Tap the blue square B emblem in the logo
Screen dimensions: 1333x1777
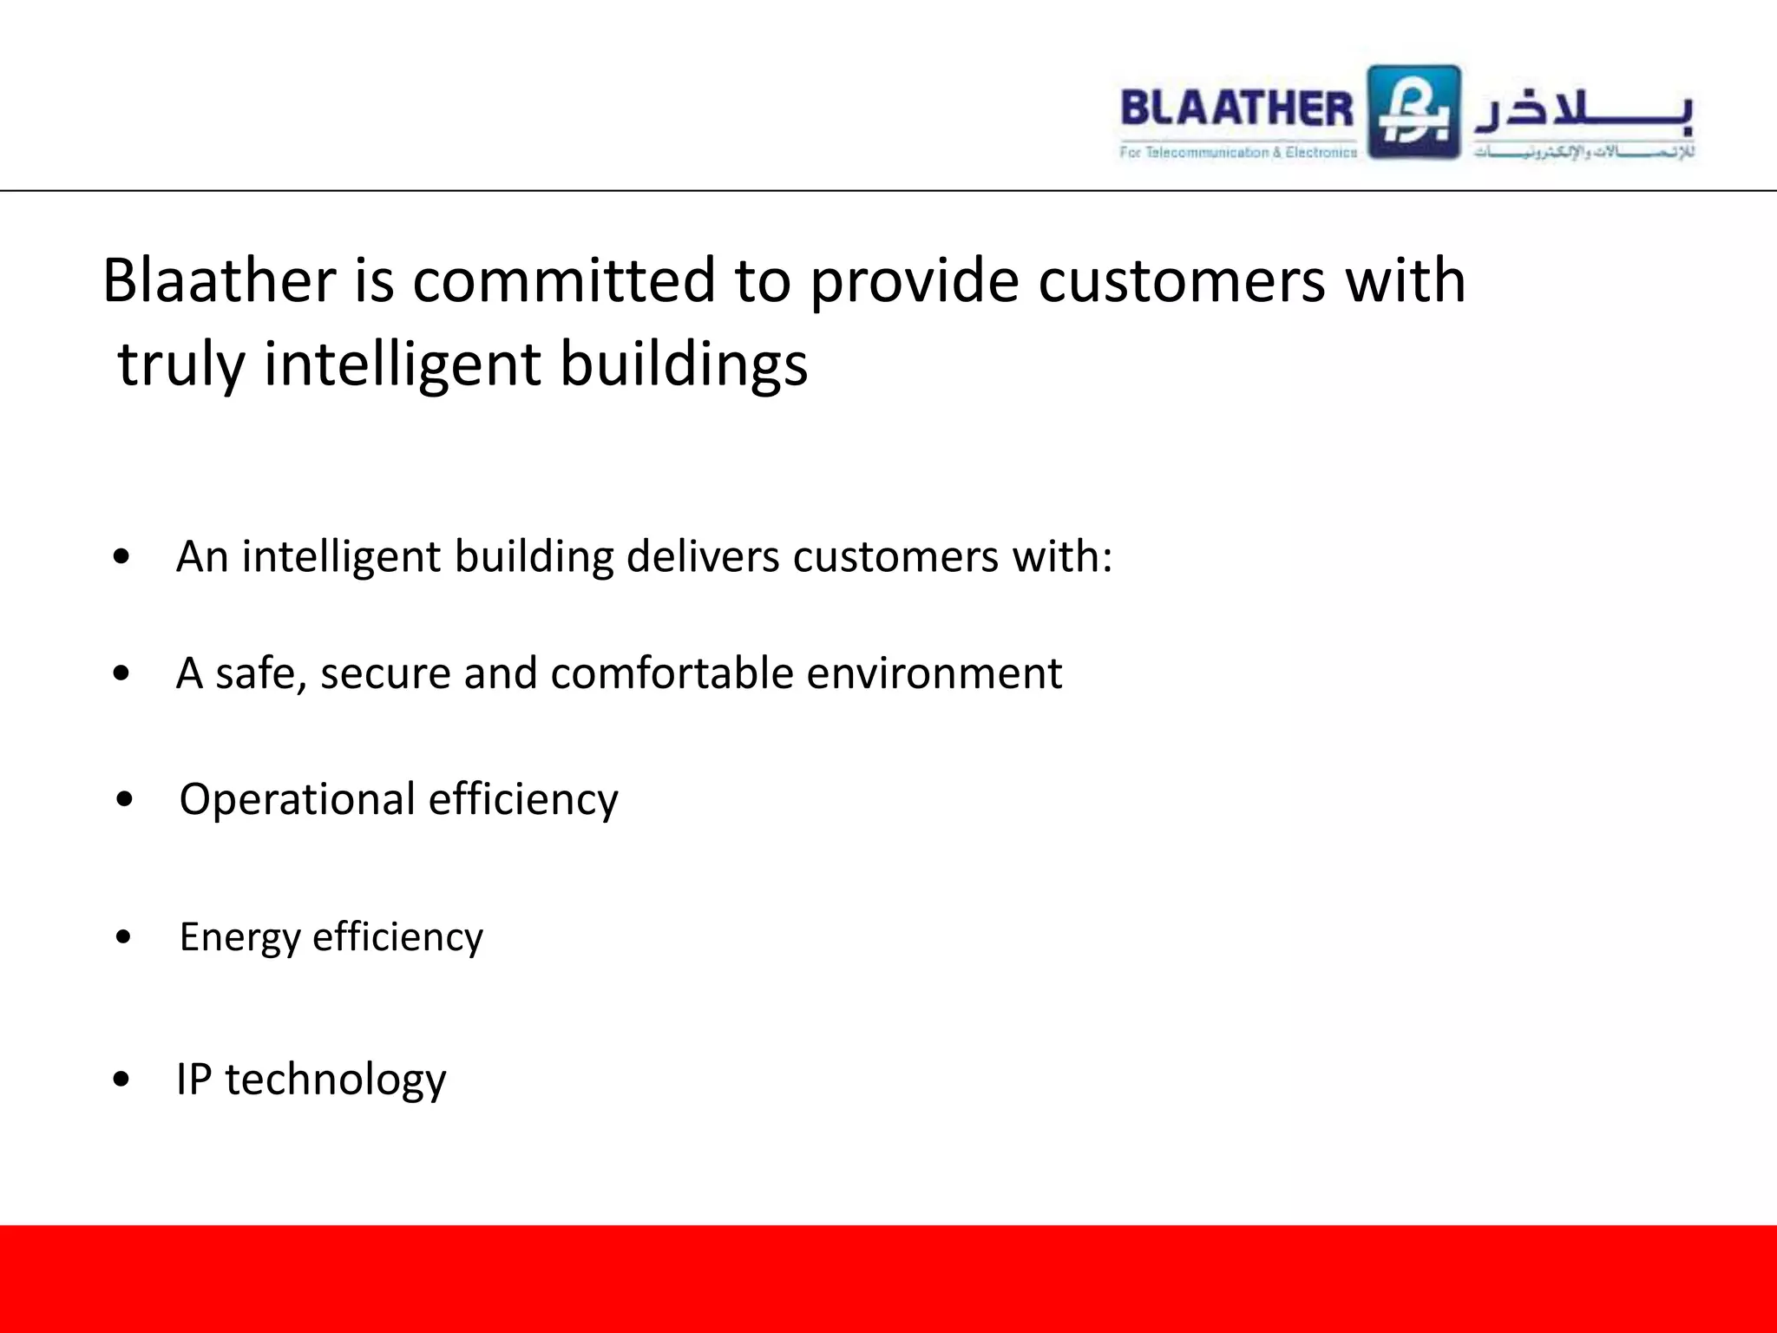pyautogui.click(x=1414, y=112)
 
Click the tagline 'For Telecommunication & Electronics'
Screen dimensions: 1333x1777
pyautogui.click(x=1238, y=153)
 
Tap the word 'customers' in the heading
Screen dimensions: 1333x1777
pyautogui.click(x=1182, y=281)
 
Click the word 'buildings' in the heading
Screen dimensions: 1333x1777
pyautogui.click(x=684, y=364)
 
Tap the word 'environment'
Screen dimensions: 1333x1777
pyautogui.click(x=934, y=673)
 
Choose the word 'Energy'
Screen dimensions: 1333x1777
pyautogui.click(x=239, y=938)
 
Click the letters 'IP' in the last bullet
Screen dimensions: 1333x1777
pyautogui.click(x=193, y=1080)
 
